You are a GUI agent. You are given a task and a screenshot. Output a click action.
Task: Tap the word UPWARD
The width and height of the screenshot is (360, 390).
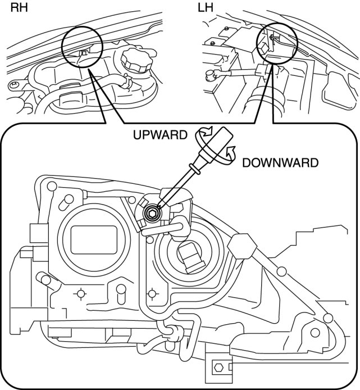[x=159, y=135]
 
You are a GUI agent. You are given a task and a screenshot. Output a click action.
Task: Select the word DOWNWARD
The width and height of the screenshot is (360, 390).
[x=280, y=163]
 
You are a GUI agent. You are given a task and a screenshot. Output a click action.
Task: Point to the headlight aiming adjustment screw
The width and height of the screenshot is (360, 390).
[x=152, y=213]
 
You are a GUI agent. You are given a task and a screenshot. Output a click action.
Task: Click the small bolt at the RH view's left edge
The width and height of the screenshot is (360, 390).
[x=12, y=85]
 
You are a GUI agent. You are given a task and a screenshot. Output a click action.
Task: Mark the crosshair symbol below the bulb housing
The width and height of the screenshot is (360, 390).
[x=152, y=293]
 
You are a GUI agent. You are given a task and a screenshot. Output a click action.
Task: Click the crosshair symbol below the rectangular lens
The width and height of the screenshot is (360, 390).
[x=81, y=293]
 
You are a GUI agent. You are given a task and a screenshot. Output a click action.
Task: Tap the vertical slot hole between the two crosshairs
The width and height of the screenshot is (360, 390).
[x=120, y=293]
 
